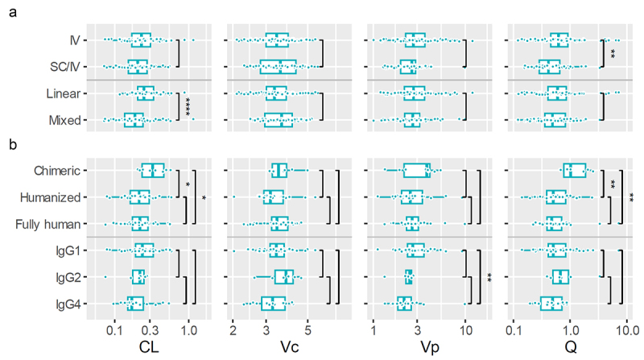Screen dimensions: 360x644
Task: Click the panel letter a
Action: pos(10,10)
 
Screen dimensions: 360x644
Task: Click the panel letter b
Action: pos(10,147)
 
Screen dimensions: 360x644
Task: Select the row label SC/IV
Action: pos(69,67)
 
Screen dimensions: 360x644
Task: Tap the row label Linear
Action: pos(69,93)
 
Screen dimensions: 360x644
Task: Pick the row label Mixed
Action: pos(72,121)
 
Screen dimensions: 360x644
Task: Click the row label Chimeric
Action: pos(64,170)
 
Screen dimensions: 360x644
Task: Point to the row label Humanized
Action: pos(60,197)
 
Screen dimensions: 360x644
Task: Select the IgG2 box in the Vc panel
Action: pos(284,277)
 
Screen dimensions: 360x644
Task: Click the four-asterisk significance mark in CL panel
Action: pos(188,107)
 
